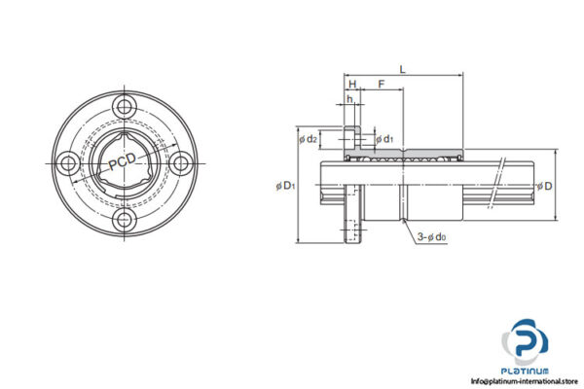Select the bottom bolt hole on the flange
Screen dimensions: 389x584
tap(124, 220)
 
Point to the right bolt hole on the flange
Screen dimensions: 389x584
tap(180, 162)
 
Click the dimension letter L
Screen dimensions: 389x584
tap(402, 68)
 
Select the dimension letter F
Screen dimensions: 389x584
tap(381, 85)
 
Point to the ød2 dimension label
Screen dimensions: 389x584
tap(309, 139)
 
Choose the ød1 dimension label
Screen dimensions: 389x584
tap(384, 139)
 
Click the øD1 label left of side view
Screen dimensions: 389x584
tap(285, 185)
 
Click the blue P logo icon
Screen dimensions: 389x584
tap(528, 342)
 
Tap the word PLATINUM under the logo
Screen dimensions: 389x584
tap(528, 371)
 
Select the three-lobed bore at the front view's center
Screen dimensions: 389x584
tap(124, 162)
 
